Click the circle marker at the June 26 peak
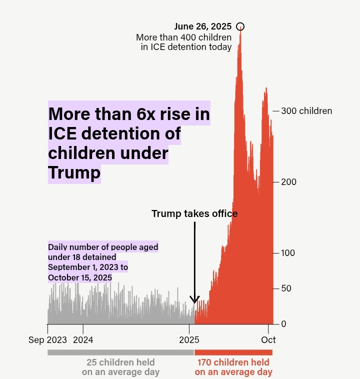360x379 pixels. click(240, 26)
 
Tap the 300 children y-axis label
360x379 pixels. click(306, 111)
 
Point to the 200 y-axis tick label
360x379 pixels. click(288, 182)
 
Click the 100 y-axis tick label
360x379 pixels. click(288, 253)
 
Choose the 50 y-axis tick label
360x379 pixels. click(286, 288)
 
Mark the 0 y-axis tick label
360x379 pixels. click(283, 324)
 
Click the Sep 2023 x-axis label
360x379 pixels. click(47, 340)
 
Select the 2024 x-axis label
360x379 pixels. click(83, 340)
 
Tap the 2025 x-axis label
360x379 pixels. click(189, 340)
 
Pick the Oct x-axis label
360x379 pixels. click(268, 340)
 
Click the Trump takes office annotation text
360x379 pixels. click(194, 214)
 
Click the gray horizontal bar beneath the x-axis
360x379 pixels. click(120, 352)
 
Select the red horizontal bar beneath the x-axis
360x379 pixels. click(233, 352)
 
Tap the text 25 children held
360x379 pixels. click(120, 362)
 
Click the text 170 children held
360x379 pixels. click(233, 362)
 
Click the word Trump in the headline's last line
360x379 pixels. click(74, 173)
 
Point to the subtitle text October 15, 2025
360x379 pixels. click(80, 277)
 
